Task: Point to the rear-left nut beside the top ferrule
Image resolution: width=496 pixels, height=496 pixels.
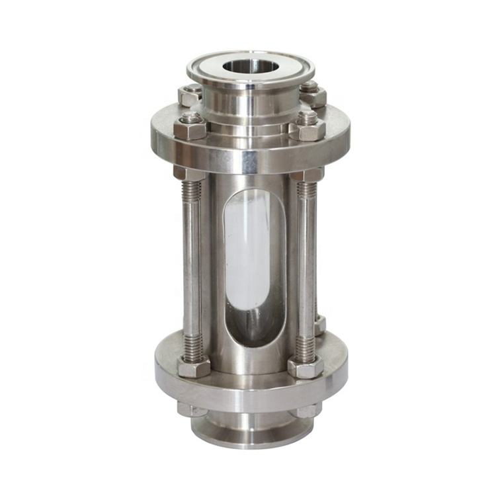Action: [x=190, y=95]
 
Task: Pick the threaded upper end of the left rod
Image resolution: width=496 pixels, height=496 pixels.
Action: [x=190, y=191]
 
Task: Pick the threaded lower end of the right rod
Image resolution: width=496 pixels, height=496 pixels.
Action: [x=306, y=347]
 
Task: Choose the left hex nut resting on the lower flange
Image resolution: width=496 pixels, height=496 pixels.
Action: [x=193, y=366]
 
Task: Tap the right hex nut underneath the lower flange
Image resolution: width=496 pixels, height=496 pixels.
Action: [x=308, y=410]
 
